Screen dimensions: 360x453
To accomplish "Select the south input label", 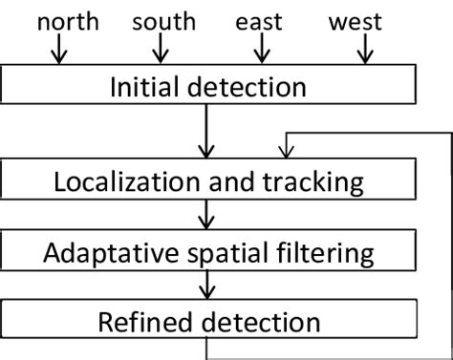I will click(163, 21).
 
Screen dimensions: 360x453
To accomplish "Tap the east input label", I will click(261, 21).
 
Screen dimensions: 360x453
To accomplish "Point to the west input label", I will click(355, 21).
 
